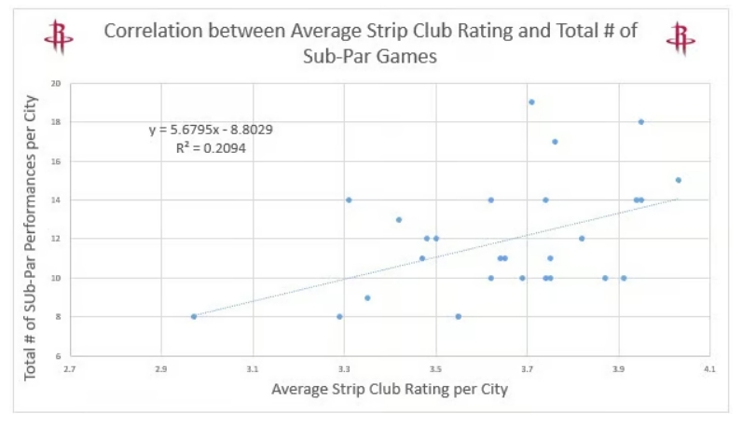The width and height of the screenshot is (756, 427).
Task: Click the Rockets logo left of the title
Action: pyautogui.click(x=59, y=36)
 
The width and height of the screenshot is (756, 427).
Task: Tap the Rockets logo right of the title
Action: pyautogui.click(x=680, y=36)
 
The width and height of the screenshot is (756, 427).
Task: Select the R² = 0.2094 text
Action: pyautogui.click(x=211, y=147)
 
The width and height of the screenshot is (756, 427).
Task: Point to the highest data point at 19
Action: pyautogui.click(x=531, y=102)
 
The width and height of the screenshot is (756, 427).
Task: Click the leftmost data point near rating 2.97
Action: pyautogui.click(x=194, y=316)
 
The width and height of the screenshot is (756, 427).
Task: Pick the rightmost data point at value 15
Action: pyautogui.click(x=678, y=180)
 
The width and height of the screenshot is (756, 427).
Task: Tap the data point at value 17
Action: pyautogui.click(x=555, y=142)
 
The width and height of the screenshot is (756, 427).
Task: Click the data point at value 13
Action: pyautogui.click(x=399, y=220)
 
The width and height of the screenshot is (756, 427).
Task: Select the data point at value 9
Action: pyautogui.click(x=367, y=297)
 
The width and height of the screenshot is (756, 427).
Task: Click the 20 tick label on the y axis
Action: pyautogui.click(x=56, y=84)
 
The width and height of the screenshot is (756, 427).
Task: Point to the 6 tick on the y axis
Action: pyautogui.click(x=58, y=355)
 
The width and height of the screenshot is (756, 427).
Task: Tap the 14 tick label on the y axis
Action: pyautogui.click(x=56, y=200)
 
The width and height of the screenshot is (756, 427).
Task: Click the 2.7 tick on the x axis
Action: pyautogui.click(x=71, y=370)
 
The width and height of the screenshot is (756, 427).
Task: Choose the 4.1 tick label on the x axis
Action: pyautogui.click(x=709, y=370)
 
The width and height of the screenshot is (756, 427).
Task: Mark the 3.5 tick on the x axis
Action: pyautogui.click(x=435, y=370)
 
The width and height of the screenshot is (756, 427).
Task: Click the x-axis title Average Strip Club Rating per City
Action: pyautogui.click(x=389, y=390)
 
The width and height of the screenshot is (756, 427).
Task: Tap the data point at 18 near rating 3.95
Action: pyautogui.click(x=641, y=121)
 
